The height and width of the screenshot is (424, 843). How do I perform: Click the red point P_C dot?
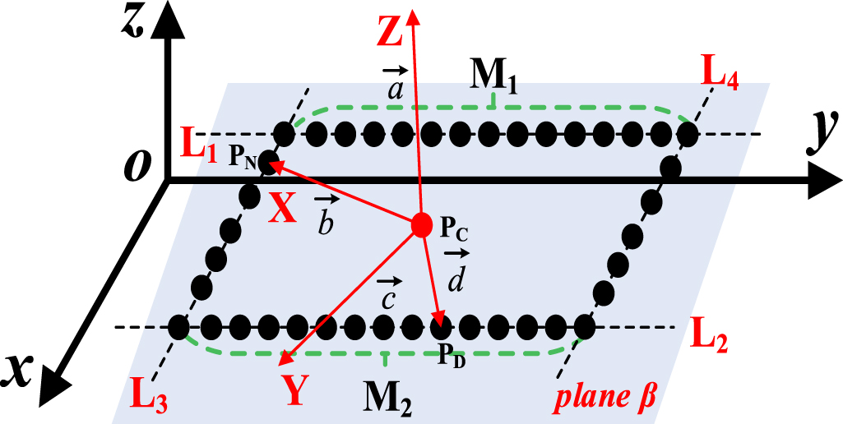421,224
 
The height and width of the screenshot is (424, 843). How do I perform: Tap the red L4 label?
720,77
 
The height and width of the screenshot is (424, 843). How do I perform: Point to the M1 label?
494,76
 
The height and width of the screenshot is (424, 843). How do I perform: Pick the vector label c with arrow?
387,293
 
